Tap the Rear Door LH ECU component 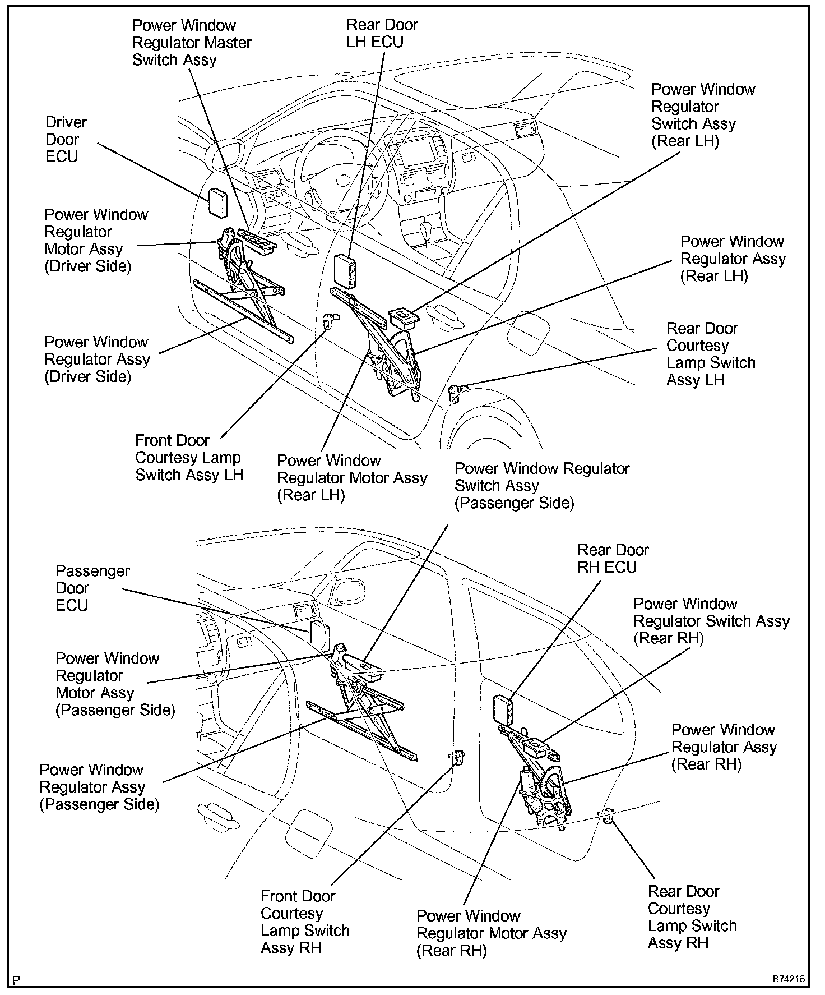(x=344, y=271)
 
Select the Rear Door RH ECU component (x=502, y=709)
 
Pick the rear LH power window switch (x=403, y=317)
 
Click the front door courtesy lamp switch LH (x=330, y=320)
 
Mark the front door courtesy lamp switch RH (x=458, y=758)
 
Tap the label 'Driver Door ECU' (x=66, y=139)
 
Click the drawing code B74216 (x=789, y=979)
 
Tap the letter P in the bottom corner (x=17, y=980)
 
